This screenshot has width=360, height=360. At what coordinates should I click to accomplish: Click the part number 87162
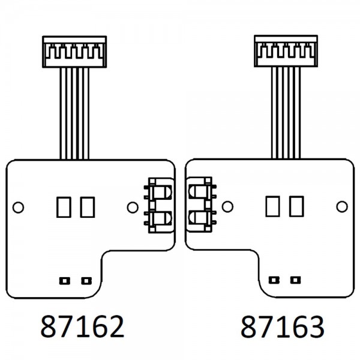tap(82, 326)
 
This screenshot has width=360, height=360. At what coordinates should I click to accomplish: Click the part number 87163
tap(283, 327)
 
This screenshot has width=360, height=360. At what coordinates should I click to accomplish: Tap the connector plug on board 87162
tap(74, 52)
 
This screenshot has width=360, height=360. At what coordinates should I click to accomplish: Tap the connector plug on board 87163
tap(286, 51)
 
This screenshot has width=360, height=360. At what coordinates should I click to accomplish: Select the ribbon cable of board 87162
tap(74, 113)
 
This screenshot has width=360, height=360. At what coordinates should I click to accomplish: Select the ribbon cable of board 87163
tap(286, 113)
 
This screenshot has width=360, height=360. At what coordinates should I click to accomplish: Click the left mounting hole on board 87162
tap(19, 208)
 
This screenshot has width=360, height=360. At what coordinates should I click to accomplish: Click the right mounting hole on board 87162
tap(133, 208)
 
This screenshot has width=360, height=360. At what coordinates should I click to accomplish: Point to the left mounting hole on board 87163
tap(227, 206)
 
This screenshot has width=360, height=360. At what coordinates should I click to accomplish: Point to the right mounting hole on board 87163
tap(342, 206)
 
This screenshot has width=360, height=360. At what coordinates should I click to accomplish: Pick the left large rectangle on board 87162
tap(64, 207)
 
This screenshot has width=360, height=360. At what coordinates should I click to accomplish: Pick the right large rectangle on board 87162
tap(88, 207)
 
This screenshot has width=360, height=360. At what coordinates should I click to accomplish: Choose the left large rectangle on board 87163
tap(272, 206)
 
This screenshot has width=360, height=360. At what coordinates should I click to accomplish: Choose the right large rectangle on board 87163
tap(296, 206)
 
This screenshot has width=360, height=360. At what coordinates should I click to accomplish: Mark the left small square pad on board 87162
tap(65, 281)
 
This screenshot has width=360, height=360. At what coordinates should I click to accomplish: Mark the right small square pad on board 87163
tap(295, 280)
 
